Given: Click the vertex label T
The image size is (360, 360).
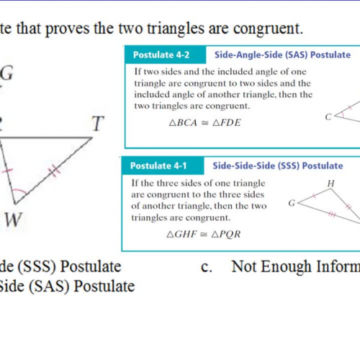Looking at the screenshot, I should click(x=97, y=125).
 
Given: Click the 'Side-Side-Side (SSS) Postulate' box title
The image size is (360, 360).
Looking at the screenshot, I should click(x=277, y=166).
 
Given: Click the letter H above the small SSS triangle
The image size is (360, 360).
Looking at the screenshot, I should click(x=330, y=184).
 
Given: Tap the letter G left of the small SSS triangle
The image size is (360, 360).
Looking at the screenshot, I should click(x=292, y=204).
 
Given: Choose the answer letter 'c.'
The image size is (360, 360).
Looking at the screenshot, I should click(x=209, y=267).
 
